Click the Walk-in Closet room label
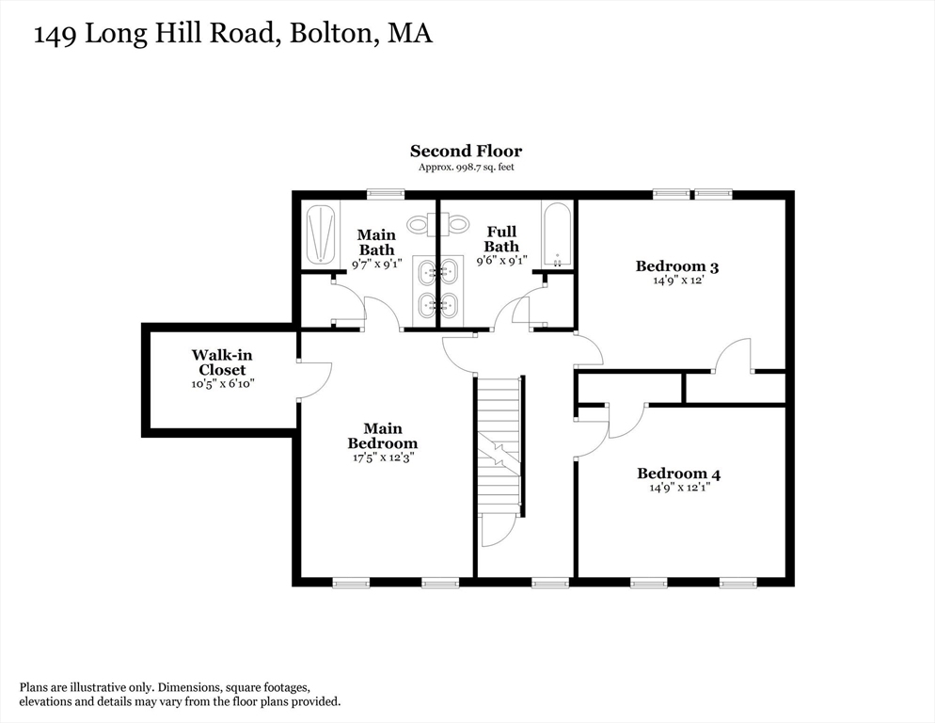click(222, 362)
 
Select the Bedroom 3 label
click(677, 265)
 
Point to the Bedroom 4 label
click(678, 474)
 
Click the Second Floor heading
click(466, 151)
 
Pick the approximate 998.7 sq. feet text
click(466, 168)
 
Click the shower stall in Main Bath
click(322, 234)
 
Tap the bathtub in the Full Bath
click(557, 235)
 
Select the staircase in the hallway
click(499, 442)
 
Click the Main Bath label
click(376, 242)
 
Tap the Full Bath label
click(501, 239)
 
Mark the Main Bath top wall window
click(386, 194)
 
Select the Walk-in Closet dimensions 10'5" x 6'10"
click(222, 384)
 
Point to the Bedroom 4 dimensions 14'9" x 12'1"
click(678, 489)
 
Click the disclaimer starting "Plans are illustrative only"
click(180, 695)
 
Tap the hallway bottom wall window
click(549, 584)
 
